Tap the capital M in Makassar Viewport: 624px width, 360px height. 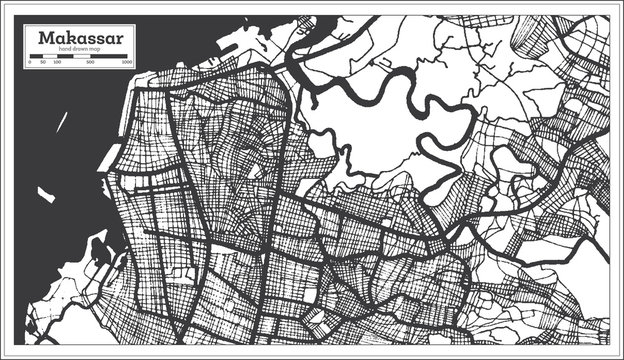[x=46, y=38]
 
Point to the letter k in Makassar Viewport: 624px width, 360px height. [x=69, y=38]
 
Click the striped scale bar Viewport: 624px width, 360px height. [x=78, y=55]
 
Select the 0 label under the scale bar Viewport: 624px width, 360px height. [x=30, y=62]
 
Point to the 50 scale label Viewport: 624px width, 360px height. [x=43, y=62]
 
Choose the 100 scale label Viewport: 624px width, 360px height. [x=57, y=62]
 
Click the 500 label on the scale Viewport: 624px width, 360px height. [x=91, y=62]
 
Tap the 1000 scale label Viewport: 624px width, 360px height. [x=127, y=62]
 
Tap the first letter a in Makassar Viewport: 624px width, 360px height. [x=59, y=39]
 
